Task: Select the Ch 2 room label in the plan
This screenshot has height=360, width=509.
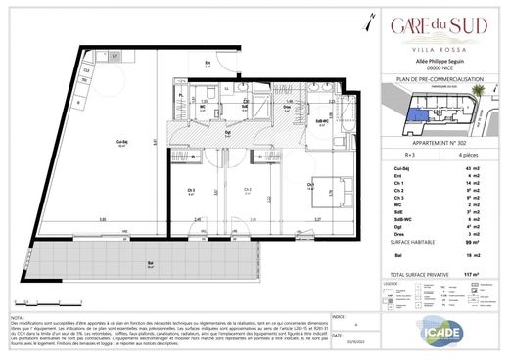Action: click(249, 189)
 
